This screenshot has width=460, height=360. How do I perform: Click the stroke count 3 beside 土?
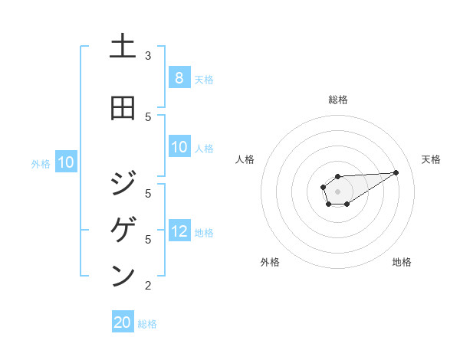148,55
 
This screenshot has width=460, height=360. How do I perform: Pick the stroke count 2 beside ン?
148,286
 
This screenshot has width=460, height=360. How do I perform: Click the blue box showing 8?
179,78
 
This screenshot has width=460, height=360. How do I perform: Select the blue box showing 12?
179,231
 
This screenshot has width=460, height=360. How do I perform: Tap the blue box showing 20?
123,322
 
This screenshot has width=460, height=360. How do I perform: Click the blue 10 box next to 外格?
66,162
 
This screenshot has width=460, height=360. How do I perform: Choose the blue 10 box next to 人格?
179,147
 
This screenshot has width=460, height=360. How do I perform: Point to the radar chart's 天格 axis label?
431,159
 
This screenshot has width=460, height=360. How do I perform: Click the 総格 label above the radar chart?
337,100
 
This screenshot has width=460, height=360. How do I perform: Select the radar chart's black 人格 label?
245,159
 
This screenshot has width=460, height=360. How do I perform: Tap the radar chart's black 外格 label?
270,262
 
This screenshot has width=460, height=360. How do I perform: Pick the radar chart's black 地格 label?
402,262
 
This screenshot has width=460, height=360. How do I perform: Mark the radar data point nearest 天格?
396,172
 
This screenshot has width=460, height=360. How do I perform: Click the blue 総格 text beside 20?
147,324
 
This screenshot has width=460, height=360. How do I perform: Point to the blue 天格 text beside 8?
204,80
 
